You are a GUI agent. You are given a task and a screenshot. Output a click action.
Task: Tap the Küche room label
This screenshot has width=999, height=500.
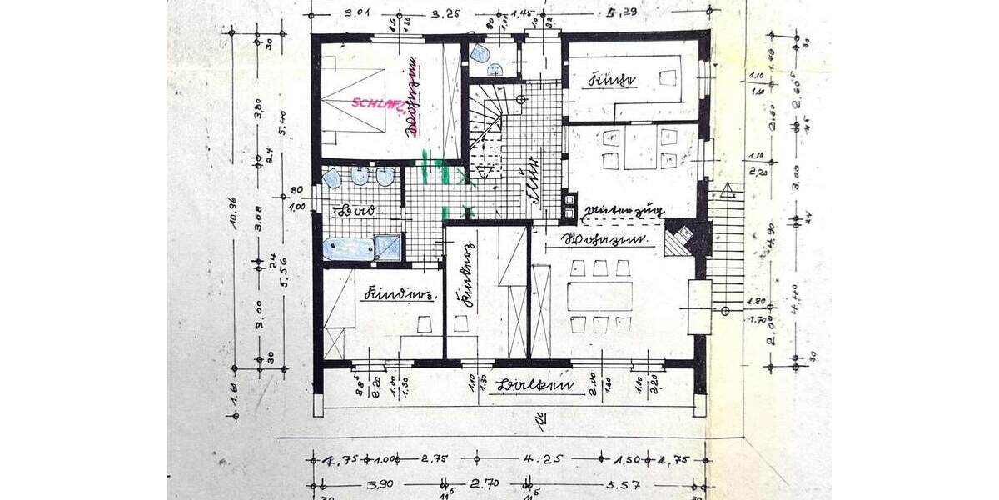(612, 81)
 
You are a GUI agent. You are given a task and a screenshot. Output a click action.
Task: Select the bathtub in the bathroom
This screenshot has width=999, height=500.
(348, 247)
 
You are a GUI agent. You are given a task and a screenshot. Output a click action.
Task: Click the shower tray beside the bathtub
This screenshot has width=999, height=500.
(388, 247)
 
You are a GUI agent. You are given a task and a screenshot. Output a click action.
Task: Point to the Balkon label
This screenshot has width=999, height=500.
(527, 385)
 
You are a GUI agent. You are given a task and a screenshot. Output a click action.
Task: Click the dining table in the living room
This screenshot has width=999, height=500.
(599, 296)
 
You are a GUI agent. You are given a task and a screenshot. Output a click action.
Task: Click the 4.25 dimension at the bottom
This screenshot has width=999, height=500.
(537, 457)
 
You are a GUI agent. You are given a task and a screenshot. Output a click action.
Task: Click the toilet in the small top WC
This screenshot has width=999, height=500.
(480, 54)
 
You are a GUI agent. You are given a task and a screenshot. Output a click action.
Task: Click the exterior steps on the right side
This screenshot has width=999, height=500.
(725, 246)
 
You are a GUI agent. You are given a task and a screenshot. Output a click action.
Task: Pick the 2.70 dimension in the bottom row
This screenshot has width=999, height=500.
(485, 484)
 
